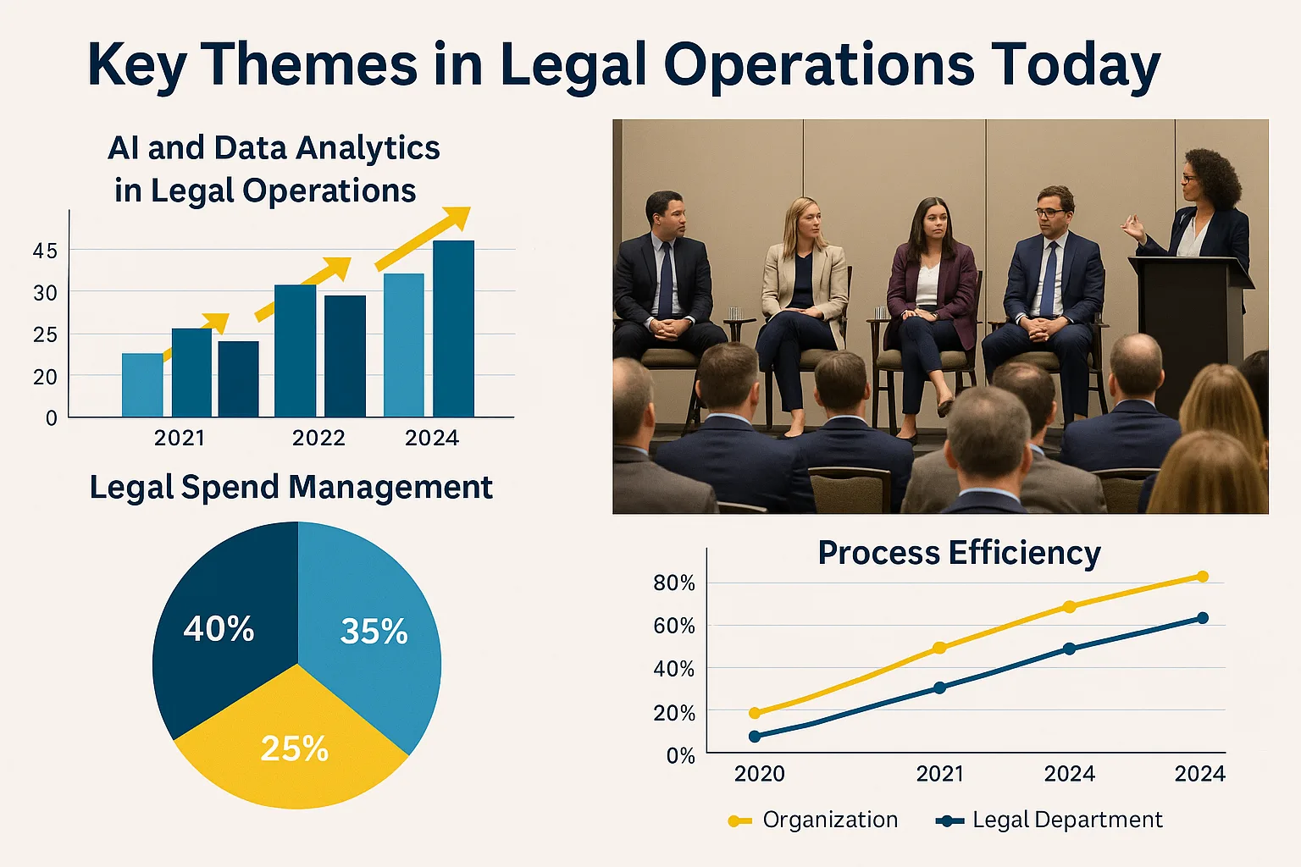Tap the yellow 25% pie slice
click(292, 745)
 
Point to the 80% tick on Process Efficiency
click(674, 583)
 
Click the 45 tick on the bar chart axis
click(45, 251)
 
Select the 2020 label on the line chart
click(759, 773)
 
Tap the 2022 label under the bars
click(318, 438)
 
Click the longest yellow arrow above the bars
click(424, 237)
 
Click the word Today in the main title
click(1076, 64)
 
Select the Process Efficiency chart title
click(959, 553)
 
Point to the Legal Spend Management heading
click(291, 488)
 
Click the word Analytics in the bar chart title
click(368, 148)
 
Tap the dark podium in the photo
click(1190, 330)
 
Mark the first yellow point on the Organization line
click(755, 713)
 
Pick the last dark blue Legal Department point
click(1203, 618)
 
